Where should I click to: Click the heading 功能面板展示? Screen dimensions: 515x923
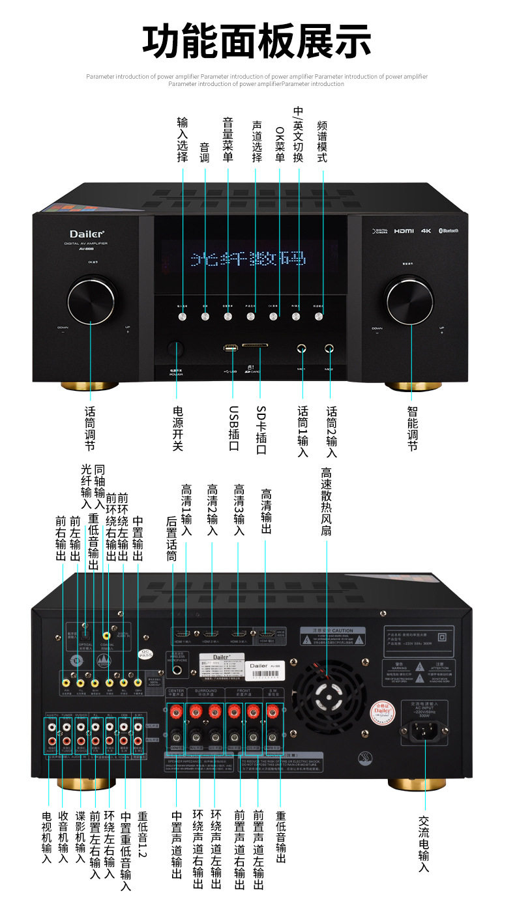point(257,40)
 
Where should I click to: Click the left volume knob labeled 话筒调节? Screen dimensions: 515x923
point(89,299)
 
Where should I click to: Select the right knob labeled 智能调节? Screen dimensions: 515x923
point(409,299)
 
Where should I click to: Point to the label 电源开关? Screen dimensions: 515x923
point(177,428)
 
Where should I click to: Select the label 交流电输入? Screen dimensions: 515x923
point(424,844)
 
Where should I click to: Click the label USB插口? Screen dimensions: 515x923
point(233,428)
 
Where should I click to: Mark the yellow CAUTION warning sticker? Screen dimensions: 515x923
point(336,636)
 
